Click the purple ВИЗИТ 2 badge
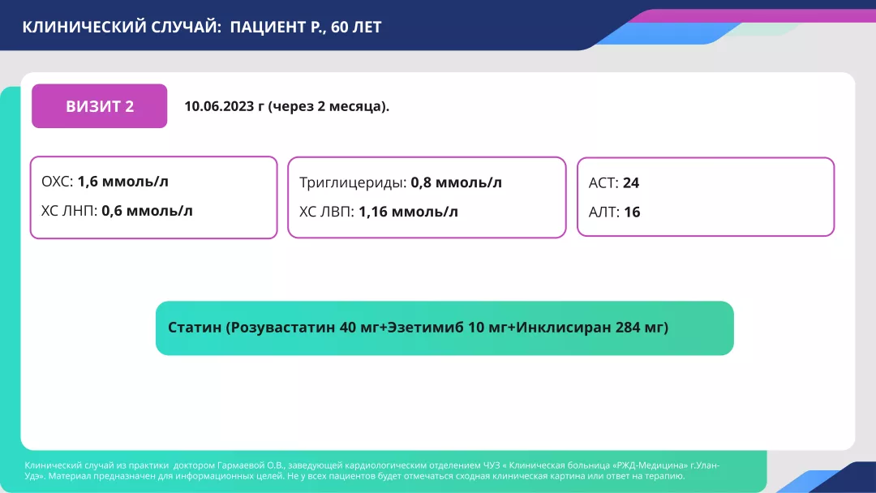click(99, 106)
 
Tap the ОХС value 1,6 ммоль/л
click(123, 182)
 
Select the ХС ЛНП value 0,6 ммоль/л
click(147, 211)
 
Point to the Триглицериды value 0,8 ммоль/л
click(456, 182)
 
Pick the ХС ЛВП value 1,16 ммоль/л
click(408, 212)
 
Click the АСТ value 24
click(631, 183)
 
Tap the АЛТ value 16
click(632, 212)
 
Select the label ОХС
click(57, 182)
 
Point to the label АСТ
click(603, 183)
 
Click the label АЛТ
click(603, 212)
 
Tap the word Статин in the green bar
click(195, 328)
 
